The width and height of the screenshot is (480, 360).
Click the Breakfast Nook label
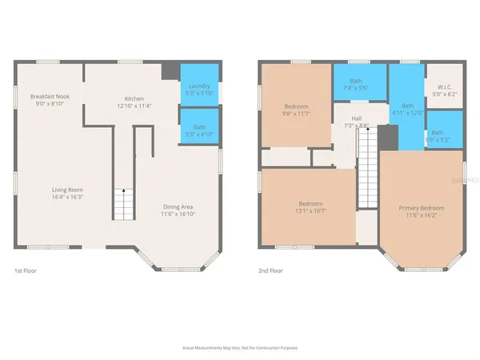pos(50,97)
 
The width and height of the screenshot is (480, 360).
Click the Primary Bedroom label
pos(421,208)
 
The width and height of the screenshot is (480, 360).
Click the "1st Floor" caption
pos(25,270)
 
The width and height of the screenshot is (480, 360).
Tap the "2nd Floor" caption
pos(270,270)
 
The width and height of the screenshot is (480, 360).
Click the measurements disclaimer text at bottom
pos(239,348)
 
